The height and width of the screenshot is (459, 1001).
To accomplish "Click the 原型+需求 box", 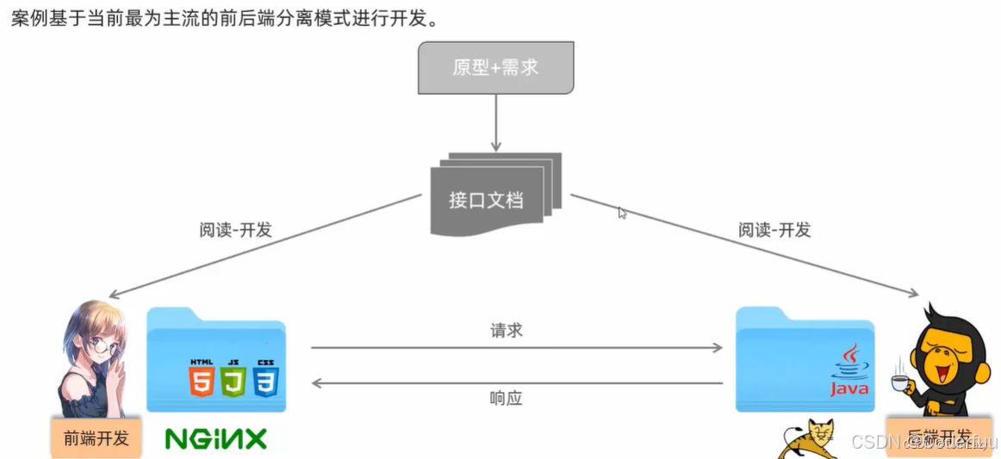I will [495, 67].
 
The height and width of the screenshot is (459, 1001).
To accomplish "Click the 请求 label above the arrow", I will [507, 331].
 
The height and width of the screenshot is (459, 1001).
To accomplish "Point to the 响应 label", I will [507, 399].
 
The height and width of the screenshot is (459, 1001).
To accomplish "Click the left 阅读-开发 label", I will [235, 229].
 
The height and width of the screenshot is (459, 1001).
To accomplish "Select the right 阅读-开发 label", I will [774, 230].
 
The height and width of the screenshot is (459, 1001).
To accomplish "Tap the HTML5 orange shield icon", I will [201, 378].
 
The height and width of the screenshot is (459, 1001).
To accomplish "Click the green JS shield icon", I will [233, 378].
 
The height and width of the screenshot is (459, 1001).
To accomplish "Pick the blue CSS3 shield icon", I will [265, 378].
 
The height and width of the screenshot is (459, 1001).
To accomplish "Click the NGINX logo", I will [216, 438].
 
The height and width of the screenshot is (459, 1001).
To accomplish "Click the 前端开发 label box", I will [96, 437].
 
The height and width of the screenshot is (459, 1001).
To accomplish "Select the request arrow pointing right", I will [517, 348].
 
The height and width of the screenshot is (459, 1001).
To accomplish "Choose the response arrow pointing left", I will [517, 382].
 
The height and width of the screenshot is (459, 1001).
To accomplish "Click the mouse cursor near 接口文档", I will [622, 212].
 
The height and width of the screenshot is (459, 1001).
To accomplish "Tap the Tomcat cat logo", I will [810, 438].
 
